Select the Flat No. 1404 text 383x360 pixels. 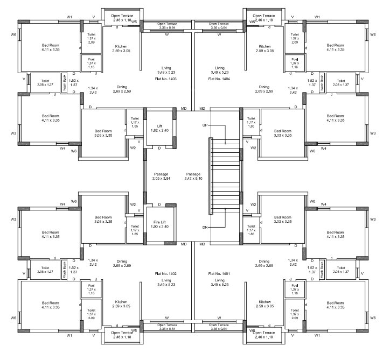point(219,79)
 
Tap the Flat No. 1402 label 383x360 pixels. point(165,273)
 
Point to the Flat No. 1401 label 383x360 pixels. point(219,273)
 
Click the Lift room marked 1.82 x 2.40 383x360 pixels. point(159,128)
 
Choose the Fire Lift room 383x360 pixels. point(159,224)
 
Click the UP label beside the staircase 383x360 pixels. point(205,125)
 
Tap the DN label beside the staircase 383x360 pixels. point(205,228)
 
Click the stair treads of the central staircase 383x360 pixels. point(223,178)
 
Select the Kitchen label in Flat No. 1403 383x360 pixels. point(121,48)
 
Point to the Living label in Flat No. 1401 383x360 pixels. point(219,280)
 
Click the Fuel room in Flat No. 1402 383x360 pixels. point(91,291)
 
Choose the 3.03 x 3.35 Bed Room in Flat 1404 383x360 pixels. point(282,133)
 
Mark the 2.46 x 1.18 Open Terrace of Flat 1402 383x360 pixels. point(121,334)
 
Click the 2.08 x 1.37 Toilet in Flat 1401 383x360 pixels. point(340,270)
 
